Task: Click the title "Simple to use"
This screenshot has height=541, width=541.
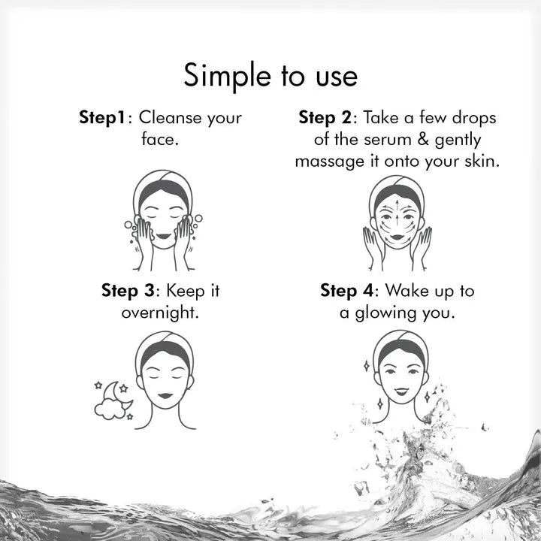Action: coord(270,76)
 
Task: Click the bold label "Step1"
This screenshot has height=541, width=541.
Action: coord(101,118)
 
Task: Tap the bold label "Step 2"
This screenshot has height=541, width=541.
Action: coord(325,118)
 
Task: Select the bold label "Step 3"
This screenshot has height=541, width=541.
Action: coord(128,291)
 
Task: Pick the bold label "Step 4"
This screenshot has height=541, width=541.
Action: coord(346,291)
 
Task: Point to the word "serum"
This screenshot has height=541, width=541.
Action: coord(388,140)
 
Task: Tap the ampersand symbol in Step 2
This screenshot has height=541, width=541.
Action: coord(423,139)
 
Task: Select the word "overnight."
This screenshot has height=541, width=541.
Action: coord(160,313)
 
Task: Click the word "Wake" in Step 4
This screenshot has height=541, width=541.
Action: coord(407,290)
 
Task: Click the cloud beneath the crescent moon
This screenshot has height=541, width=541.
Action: coord(110,410)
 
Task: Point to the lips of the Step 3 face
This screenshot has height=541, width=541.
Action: coord(165,396)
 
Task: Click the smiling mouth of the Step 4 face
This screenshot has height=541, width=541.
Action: coord(401,391)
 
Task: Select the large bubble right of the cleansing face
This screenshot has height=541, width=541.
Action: coord(198,219)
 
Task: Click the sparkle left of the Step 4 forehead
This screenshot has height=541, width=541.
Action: coord(367,366)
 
